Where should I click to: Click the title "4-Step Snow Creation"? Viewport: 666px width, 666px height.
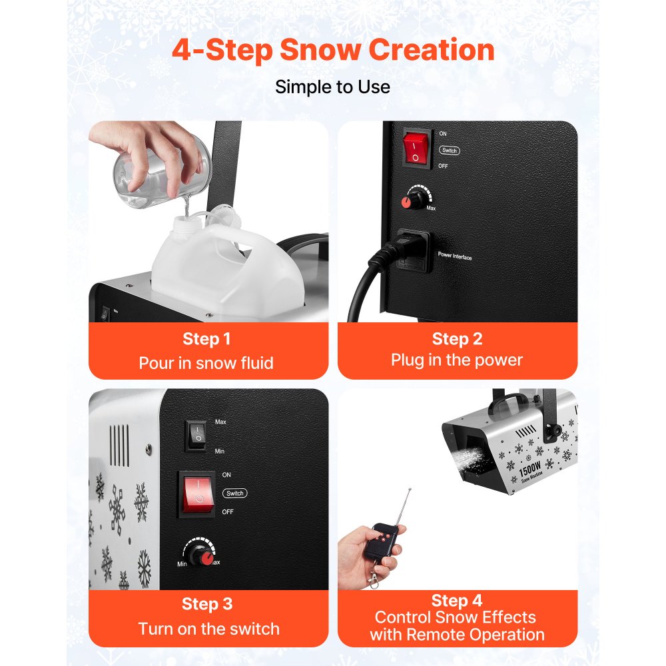click(x=333, y=51)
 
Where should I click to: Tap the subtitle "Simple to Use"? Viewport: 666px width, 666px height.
click(x=333, y=87)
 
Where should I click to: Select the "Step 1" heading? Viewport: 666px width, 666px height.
click(x=207, y=339)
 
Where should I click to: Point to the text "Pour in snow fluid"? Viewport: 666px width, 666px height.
click(x=206, y=363)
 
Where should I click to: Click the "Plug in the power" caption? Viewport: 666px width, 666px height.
click(x=457, y=360)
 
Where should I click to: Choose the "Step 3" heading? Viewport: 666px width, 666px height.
click(x=207, y=604)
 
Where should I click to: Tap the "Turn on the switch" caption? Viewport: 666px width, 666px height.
click(x=208, y=629)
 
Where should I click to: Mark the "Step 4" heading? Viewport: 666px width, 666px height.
click(x=457, y=601)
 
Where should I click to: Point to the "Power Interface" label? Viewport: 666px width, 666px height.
click(x=455, y=256)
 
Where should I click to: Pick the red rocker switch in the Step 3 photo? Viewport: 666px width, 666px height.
click(x=196, y=494)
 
